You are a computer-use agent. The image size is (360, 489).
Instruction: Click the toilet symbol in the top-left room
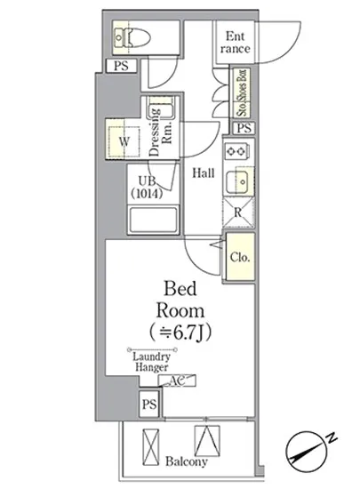tap(132, 37)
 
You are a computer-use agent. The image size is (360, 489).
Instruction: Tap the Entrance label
tap(235, 43)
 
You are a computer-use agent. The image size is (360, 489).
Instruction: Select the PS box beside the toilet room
tap(121, 66)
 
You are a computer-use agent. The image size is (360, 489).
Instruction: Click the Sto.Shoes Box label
tap(243, 92)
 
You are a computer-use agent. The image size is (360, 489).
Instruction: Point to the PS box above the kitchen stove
tap(244, 128)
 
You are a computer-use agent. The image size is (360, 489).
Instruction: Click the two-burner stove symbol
tap(236, 151)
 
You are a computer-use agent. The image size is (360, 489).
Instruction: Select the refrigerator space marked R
tap(238, 212)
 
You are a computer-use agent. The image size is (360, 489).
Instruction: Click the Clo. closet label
tap(240, 257)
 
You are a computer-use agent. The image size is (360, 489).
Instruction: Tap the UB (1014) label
tap(147, 188)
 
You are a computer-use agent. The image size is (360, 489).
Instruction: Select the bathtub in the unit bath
tap(153, 220)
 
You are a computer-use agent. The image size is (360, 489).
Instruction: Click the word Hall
tap(204, 172)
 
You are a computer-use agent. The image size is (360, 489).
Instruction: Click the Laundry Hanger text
tap(152, 362)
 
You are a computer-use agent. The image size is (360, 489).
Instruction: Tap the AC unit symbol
tap(177, 381)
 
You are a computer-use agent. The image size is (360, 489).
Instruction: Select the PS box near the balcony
tap(149, 405)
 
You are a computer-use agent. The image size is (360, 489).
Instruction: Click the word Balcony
tap(187, 461)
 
